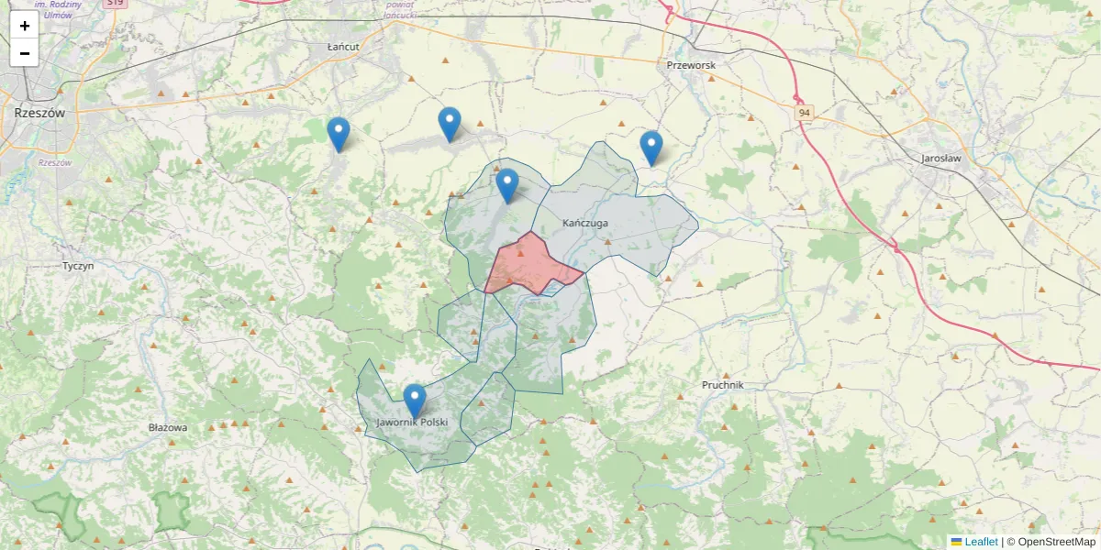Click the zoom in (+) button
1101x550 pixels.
pyautogui.click(x=25, y=26)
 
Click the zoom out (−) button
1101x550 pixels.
pyautogui.click(x=25, y=53)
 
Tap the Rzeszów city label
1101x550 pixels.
pyautogui.click(x=39, y=113)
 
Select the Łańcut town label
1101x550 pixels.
pyautogui.click(x=342, y=45)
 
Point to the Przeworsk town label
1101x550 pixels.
pyautogui.click(x=691, y=65)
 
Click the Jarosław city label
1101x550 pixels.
pyautogui.click(x=940, y=158)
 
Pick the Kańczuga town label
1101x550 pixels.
pyautogui.click(x=585, y=223)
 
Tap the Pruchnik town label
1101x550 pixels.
pyautogui.click(x=722, y=385)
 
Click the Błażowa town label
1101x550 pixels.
pyautogui.click(x=168, y=427)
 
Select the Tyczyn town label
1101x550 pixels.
pyautogui.click(x=78, y=266)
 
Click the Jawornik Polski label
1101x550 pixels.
pyautogui.click(x=412, y=423)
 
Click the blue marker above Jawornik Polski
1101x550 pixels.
pyautogui.click(x=415, y=400)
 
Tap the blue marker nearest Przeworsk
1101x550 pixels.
pyautogui.click(x=651, y=147)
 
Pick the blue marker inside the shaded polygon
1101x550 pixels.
pyautogui.click(x=507, y=185)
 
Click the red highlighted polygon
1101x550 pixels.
pyautogui.click(x=530, y=266)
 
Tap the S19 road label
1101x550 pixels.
pyautogui.click(x=114, y=3)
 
